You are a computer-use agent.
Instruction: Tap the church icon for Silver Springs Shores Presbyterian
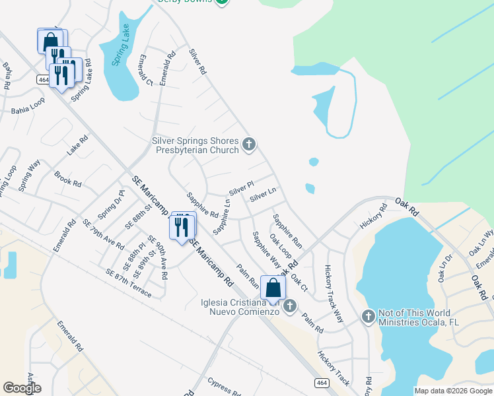249,145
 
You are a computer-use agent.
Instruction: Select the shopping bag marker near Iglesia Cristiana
273,288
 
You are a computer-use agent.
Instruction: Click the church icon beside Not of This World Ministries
369,317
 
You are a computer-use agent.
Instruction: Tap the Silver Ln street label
262,195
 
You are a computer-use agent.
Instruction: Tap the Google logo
22,388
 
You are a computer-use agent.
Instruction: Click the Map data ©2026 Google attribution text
453,391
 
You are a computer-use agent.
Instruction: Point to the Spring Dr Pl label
110,205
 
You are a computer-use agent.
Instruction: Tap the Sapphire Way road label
267,249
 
